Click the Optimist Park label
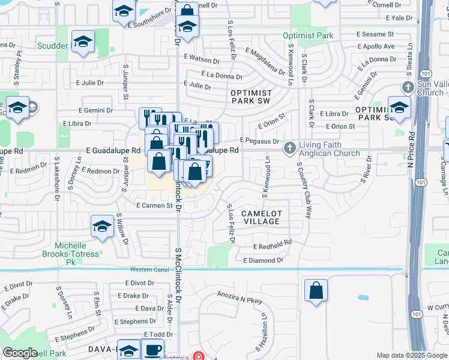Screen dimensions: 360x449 point(308,35)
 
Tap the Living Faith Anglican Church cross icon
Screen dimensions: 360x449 point(289,147)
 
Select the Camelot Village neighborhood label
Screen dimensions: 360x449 point(261,217)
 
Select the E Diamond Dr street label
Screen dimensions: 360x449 point(263,260)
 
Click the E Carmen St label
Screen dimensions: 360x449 point(154,205)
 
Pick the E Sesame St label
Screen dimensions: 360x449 point(375,35)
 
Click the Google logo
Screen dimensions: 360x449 point(20,353)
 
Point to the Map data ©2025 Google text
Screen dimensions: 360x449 point(411,355)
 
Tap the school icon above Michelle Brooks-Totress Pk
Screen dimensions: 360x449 point(102,226)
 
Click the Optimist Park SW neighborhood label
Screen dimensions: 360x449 point(251,98)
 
